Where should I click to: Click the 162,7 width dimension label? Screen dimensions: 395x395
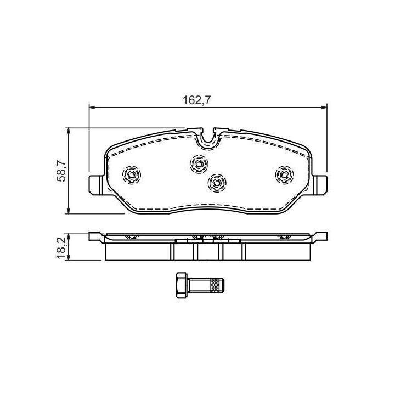pyautogui.click(x=196, y=100)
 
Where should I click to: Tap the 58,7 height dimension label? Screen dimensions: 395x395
pyautogui.click(x=61, y=171)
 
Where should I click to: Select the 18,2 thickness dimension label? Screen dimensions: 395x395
pyautogui.click(x=61, y=248)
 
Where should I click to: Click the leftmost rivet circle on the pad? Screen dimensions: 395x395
pyautogui.click(x=131, y=174)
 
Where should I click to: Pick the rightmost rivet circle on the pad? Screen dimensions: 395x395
pyautogui.click(x=284, y=174)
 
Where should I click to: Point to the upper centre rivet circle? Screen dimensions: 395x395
pyautogui.click(x=199, y=164)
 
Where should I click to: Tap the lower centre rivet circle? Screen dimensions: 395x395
pyautogui.click(x=217, y=183)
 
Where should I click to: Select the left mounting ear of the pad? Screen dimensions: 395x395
pyautogui.click(x=96, y=185)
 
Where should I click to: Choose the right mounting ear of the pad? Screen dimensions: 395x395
pyautogui.click(x=320, y=185)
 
